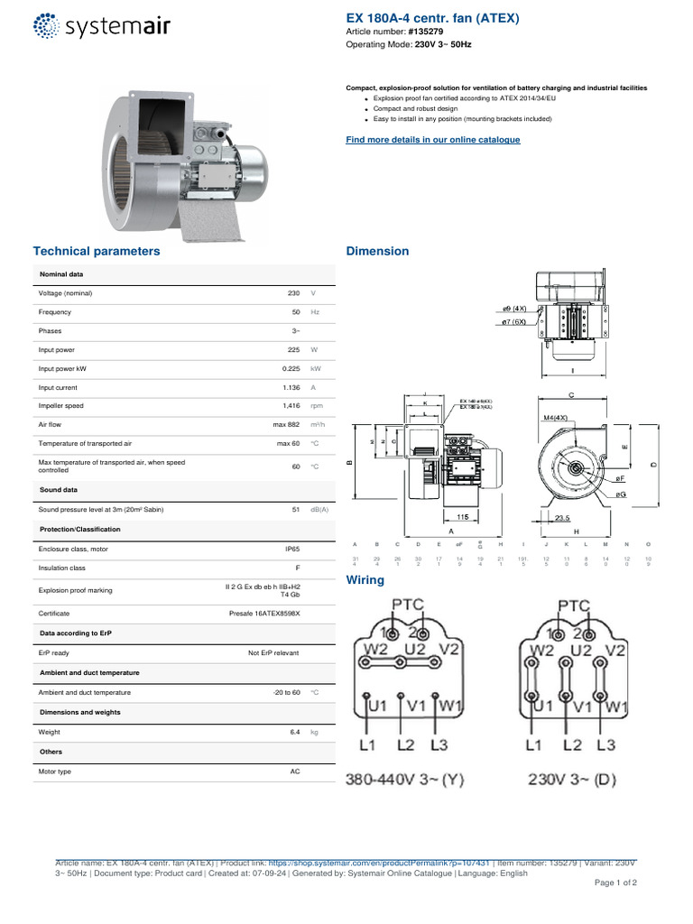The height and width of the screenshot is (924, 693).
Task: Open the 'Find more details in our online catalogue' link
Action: pyautogui.click(x=433, y=140)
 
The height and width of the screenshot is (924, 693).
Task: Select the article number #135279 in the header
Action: pyautogui.click(x=424, y=32)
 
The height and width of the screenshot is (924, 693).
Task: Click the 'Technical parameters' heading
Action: pyautogui.click(x=97, y=251)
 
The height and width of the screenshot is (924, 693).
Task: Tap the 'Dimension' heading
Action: pyautogui.click(x=377, y=251)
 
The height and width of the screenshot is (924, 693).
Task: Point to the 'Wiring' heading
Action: pyautogui.click(x=365, y=580)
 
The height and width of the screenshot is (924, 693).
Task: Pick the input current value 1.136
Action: pyautogui.click(x=289, y=387)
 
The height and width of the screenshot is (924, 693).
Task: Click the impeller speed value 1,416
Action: pyautogui.click(x=291, y=406)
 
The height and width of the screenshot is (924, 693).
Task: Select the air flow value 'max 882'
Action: pyautogui.click(x=287, y=425)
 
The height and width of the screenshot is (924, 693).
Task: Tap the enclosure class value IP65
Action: pyautogui.click(x=291, y=549)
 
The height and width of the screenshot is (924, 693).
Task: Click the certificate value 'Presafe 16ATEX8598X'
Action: pyautogui.click(x=264, y=613)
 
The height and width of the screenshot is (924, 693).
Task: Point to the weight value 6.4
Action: pyautogui.click(x=294, y=732)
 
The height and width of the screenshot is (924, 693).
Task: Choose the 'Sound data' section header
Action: pyautogui.click(x=59, y=489)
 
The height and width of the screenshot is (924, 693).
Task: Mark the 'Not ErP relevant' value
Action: pyautogui.click(x=273, y=652)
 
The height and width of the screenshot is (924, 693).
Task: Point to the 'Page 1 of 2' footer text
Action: pyautogui.click(x=614, y=882)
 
